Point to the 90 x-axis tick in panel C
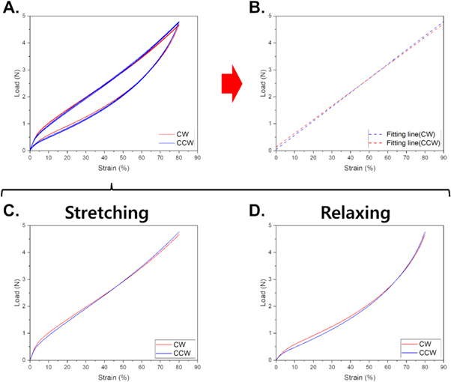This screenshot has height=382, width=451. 198,367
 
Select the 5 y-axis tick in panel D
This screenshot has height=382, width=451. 270,225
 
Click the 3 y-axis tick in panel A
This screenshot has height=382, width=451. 23,69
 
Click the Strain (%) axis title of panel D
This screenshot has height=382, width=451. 359,376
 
